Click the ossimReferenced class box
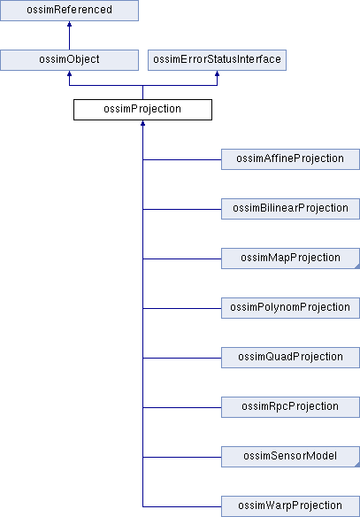click(x=69, y=11)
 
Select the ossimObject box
click(x=69, y=60)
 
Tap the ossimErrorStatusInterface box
click(x=217, y=60)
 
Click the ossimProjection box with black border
click(x=142, y=110)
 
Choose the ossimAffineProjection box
click(x=290, y=159)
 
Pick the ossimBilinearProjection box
click(x=290, y=209)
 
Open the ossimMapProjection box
click(x=290, y=258)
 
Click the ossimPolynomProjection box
click(x=290, y=308)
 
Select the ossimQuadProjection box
click(x=290, y=358)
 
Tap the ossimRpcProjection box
click(x=290, y=407)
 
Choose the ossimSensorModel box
click(x=290, y=457)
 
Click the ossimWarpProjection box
click(x=290, y=506)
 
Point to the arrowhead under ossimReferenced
click(x=69, y=24)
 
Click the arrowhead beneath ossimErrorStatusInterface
click(x=217, y=73)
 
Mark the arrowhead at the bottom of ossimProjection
click(x=142, y=123)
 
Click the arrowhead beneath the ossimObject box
click(x=69, y=73)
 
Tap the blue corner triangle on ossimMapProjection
click(x=357, y=266)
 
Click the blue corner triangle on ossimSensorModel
click(x=357, y=465)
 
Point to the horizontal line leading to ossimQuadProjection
click(x=182, y=358)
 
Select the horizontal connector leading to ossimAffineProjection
click(x=182, y=159)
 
